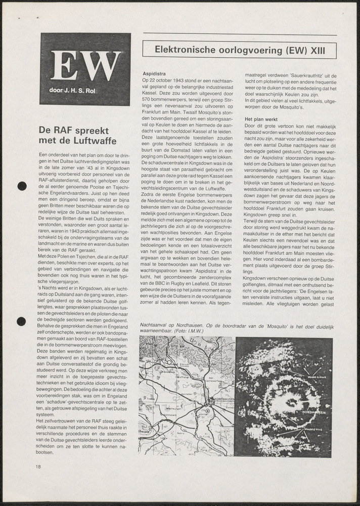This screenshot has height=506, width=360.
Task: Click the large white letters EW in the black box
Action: coord(85,66)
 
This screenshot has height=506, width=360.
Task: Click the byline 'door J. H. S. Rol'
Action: coord(81,91)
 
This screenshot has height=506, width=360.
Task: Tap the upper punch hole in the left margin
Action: coord(22,186)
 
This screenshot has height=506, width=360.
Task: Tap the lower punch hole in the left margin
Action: coord(22,321)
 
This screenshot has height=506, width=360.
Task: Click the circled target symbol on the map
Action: coord(207,411)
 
